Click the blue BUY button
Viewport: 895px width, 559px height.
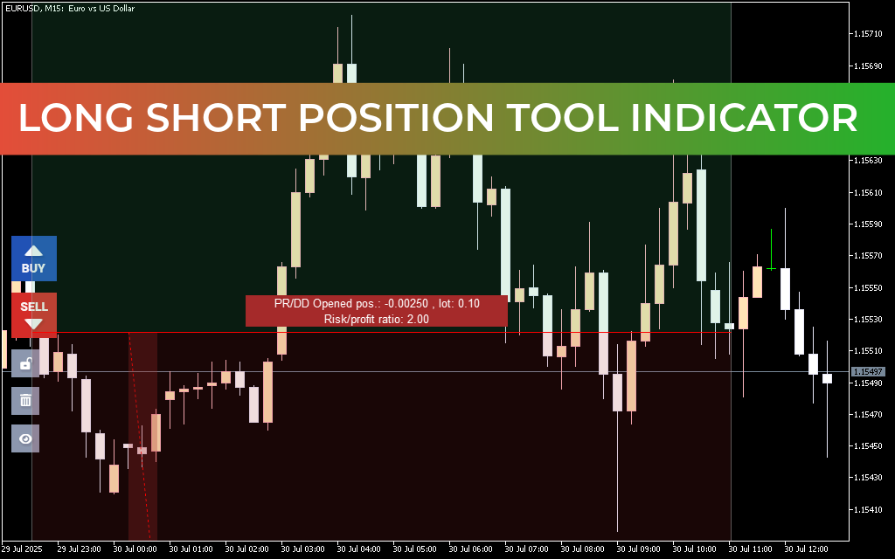tap(34, 258)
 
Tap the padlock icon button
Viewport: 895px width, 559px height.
tap(25, 363)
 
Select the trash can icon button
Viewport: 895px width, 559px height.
tap(25, 401)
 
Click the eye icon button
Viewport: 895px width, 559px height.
tap(25, 438)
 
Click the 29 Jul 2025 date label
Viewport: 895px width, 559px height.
tap(23, 549)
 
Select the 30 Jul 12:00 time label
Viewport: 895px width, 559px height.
tap(806, 549)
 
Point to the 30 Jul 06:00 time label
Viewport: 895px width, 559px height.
tap(470, 549)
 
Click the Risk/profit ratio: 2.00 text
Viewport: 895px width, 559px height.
tap(376, 319)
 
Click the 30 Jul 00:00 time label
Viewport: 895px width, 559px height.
tap(135, 549)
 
